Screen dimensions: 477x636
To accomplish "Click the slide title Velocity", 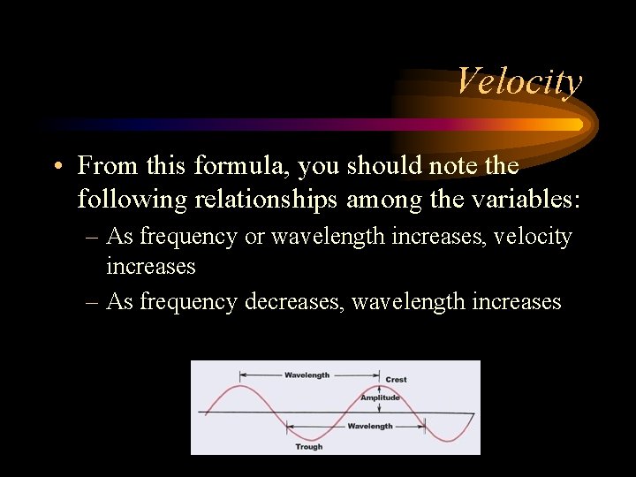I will click(x=519, y=81).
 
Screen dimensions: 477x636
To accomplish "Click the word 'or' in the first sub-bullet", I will click(x=254, y=237).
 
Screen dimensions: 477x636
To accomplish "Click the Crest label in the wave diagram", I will click(x=396, y=380).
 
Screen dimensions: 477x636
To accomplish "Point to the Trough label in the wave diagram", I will click(x=308, y=447).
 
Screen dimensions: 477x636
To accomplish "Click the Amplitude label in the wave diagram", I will click(x=380, y=397).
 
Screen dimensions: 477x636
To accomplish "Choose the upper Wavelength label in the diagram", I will click(x=307, y=375).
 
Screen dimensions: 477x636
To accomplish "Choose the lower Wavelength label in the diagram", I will click(x=370, y=426).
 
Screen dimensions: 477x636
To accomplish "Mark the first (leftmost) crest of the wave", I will click(x=239, y=386).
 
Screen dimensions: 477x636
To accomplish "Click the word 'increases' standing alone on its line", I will click(x=150, y=266).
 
